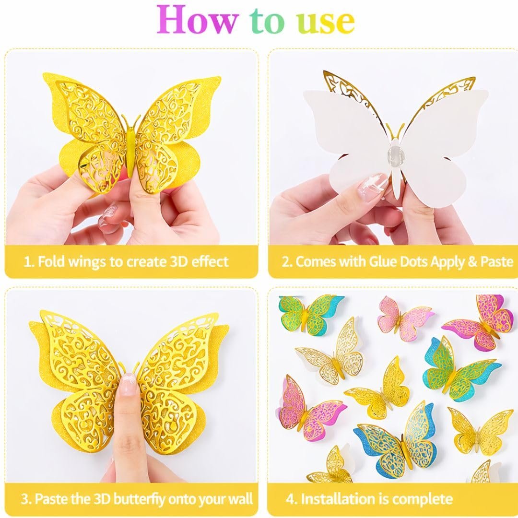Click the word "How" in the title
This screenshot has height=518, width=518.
pyautogui.click(x=197, y=21)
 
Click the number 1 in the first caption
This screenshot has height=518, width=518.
pyautogui.click(x=29, y=262)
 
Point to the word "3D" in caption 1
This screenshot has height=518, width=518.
pyautogui.click(x=178, y=262)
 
